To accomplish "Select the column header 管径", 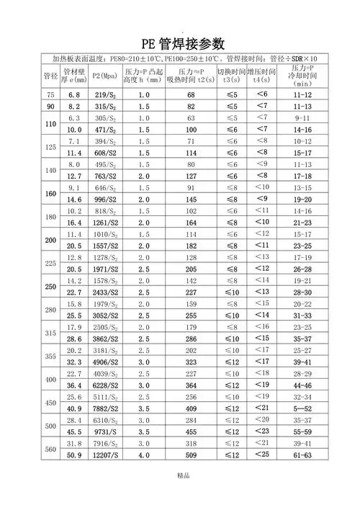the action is tap(50, 75).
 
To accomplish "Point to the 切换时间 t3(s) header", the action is tap(230, 75).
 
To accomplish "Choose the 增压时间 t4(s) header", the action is tap(261, 75).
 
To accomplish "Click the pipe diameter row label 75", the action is tap(50, 95).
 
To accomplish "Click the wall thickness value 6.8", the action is tap(73, 95).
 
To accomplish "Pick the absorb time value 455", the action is tap(191, 431).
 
